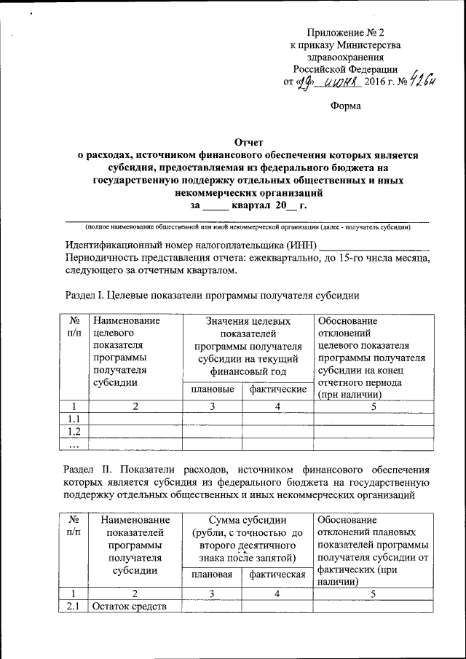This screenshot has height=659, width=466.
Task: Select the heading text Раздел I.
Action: point(82,295)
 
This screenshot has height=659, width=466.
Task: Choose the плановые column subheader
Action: point(212,390)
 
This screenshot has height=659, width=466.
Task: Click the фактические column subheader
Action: point(277,390)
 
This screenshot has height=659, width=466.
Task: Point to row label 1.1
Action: point(73,419)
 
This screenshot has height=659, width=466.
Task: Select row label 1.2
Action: point(73,432)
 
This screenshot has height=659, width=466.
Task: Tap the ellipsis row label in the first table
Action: point(73,444)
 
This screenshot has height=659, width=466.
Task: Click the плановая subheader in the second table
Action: point(212,575)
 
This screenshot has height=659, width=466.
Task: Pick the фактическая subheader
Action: point(277,575)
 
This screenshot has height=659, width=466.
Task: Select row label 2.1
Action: point(73,607)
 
